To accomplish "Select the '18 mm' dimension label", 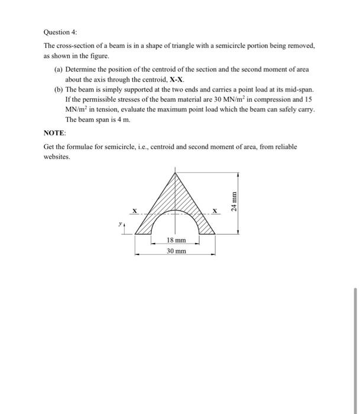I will pyautogui.click(x=175, y=241).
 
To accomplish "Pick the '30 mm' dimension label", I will pyautogui.click(x=175, y=251).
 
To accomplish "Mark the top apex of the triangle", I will pyautogui.click(x=175, y=172).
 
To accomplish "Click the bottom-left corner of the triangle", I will pyautogui.click(x=135, y=234).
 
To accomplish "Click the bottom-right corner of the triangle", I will pyautogui.click(x=215, y=234).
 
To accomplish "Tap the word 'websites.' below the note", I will pyautogui.click(x=57, y=157).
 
